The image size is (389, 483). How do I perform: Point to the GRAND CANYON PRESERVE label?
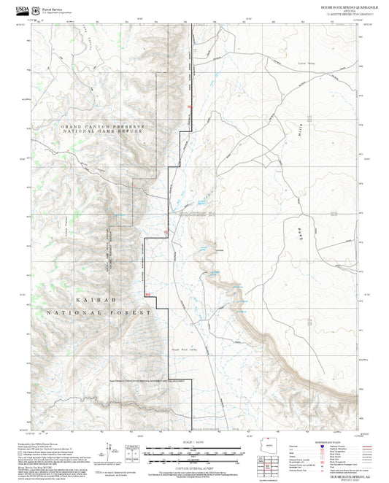pos(102,126)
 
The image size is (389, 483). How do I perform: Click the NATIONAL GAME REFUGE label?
pos(102,133)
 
